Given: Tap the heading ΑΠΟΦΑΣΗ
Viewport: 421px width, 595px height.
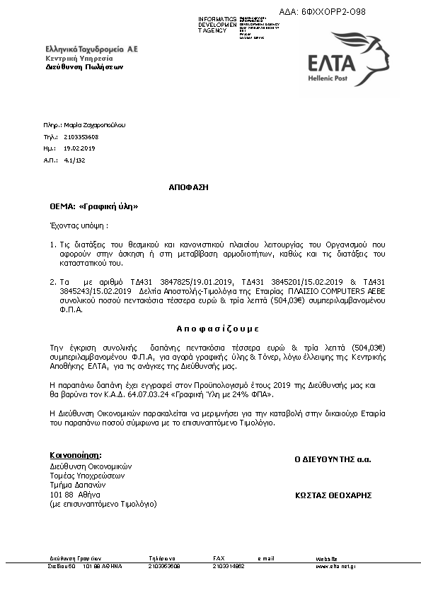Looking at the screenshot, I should [189, 188].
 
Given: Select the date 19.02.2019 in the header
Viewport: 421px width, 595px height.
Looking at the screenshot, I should [79, 148].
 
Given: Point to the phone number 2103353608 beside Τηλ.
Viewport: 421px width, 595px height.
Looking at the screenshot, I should [81, 136].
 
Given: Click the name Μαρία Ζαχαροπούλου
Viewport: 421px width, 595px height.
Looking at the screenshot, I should [94, 124].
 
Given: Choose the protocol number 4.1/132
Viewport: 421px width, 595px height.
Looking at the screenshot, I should [74, 160].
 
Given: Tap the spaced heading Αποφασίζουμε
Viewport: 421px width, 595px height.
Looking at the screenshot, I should [217, 329].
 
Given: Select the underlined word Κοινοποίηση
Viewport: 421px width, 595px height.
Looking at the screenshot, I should [75, 454].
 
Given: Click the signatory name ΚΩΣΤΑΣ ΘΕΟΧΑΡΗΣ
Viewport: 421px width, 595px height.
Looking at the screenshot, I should [333, 496].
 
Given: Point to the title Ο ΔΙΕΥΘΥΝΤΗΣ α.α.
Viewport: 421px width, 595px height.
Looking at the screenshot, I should [333, 459].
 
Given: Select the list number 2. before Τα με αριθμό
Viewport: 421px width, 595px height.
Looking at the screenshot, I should [53, 281].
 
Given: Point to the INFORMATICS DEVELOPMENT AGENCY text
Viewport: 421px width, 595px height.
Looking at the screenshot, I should [218, 25].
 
